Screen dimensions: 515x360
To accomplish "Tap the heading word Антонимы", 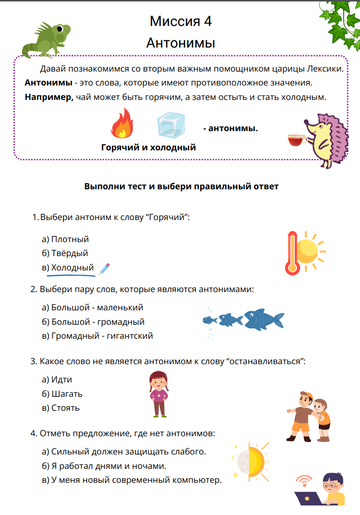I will tap(180, 43).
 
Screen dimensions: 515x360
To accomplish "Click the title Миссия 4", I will tap(180, 21).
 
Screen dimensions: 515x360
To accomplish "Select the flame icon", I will tap(122, 123).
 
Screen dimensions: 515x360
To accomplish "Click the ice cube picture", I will tap(171, 125).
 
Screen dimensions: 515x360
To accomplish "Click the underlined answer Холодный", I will tap(72, 268).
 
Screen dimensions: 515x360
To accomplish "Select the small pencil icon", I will tap(104, 269).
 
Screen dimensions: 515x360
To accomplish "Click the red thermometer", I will tap(292, 252).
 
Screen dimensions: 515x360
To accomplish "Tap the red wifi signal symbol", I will tap(303, 481).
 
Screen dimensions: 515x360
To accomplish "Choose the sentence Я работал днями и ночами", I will tap(109, 466).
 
